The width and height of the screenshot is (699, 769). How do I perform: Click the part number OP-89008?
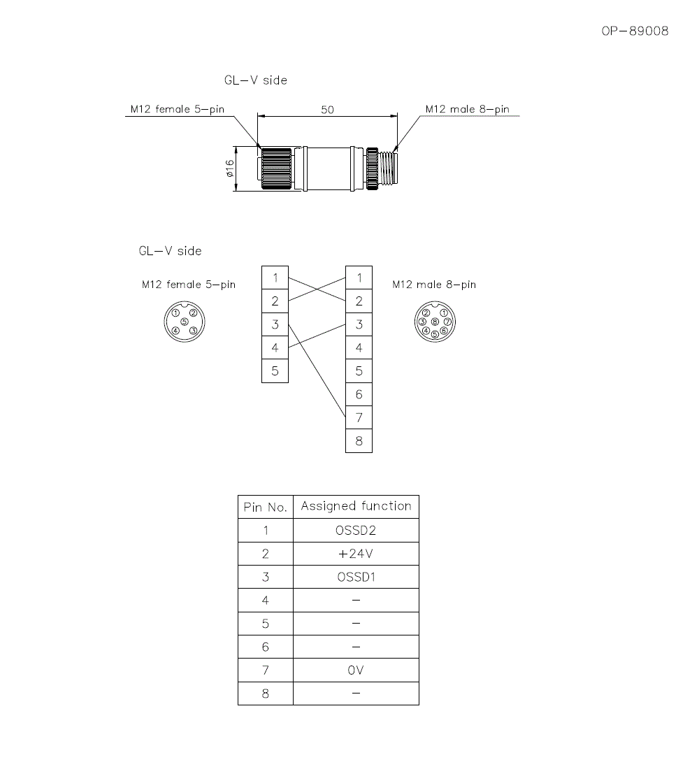click(635, 31)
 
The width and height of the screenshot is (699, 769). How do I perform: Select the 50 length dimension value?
click(327, 110)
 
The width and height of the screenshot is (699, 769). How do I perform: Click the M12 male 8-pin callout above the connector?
click(467, 109)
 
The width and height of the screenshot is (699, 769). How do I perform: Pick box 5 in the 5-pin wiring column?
click(275, 371)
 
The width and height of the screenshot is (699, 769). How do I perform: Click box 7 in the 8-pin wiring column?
click(359, 417)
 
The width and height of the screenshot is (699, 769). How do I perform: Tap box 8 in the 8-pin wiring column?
click(359, 441)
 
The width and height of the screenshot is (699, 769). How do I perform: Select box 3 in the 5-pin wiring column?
click(275, 324)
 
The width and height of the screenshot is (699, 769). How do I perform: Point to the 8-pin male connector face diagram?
click(434, 322)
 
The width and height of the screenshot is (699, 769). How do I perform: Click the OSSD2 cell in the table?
click(356, 531)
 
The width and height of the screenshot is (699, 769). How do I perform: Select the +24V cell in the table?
click(356, 554)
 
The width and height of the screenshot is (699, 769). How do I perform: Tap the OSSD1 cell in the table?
click(356, 577)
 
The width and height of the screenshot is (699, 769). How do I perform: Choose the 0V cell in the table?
click(356, 670)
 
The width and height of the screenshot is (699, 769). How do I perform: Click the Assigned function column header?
click(356, 506)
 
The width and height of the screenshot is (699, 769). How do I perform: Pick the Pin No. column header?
click(265, 507)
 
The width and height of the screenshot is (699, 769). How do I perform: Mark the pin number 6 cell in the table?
click(265, 647)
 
